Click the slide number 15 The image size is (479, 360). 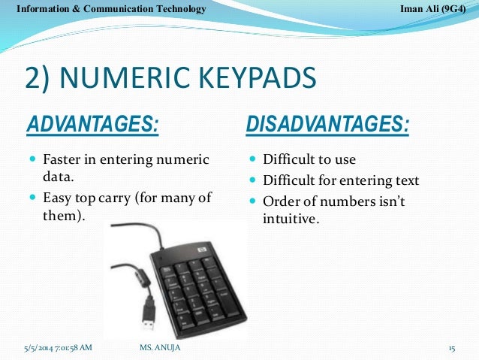coord(452,348)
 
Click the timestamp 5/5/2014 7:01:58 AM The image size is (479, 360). coord(59,348)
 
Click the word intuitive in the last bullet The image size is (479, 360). coord(289,220)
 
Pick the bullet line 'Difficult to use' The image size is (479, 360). coord(309,160)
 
